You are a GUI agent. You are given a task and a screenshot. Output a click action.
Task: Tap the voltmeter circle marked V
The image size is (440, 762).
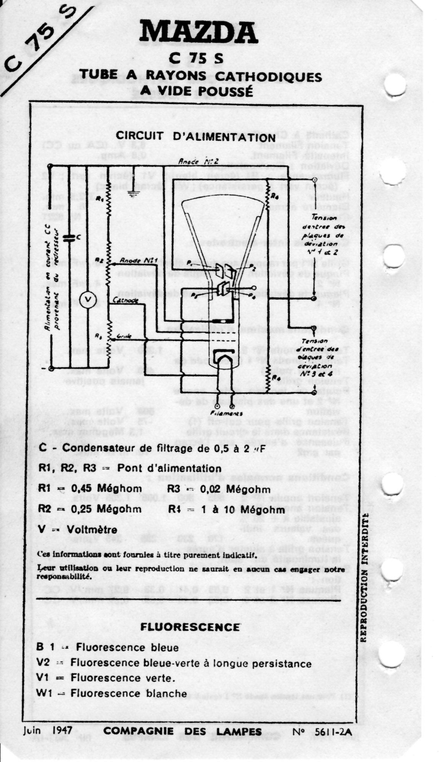(x=87, y=300)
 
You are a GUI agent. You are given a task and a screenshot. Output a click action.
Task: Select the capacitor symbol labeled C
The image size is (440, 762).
(x=69, y=238)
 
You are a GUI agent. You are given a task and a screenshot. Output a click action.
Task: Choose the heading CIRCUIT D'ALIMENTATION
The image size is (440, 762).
(x=195, y=136)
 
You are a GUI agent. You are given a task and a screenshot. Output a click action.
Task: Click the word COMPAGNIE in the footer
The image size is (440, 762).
(x=139, y=731)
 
